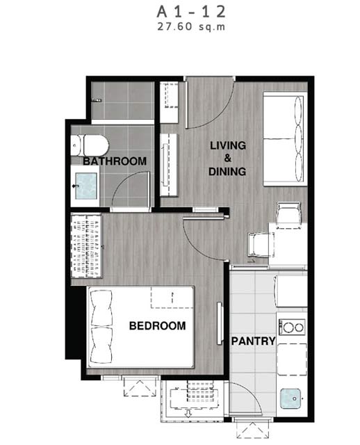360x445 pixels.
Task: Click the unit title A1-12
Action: point(191,12)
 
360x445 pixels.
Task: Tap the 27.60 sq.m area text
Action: point(191,26)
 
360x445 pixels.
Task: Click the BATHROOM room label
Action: point(115,161)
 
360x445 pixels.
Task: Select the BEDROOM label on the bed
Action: point(158,325)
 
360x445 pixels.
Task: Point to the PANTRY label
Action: point(254,341)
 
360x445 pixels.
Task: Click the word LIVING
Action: point(228,145)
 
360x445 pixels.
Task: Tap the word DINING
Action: point(227,172)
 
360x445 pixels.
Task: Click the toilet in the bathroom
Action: point(90,145)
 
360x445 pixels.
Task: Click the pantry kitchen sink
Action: point(291,398)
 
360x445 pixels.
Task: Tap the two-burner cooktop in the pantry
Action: point(292,327)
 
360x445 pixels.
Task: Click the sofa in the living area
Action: point(285,139)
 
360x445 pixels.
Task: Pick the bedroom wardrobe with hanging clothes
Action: point(86,245)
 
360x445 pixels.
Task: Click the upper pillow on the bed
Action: point(101,308)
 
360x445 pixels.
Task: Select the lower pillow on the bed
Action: point(101,345)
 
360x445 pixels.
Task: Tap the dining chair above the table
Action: point(289,216)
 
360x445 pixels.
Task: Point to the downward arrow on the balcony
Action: point(188,413)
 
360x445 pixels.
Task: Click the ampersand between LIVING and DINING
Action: point(228,159)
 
